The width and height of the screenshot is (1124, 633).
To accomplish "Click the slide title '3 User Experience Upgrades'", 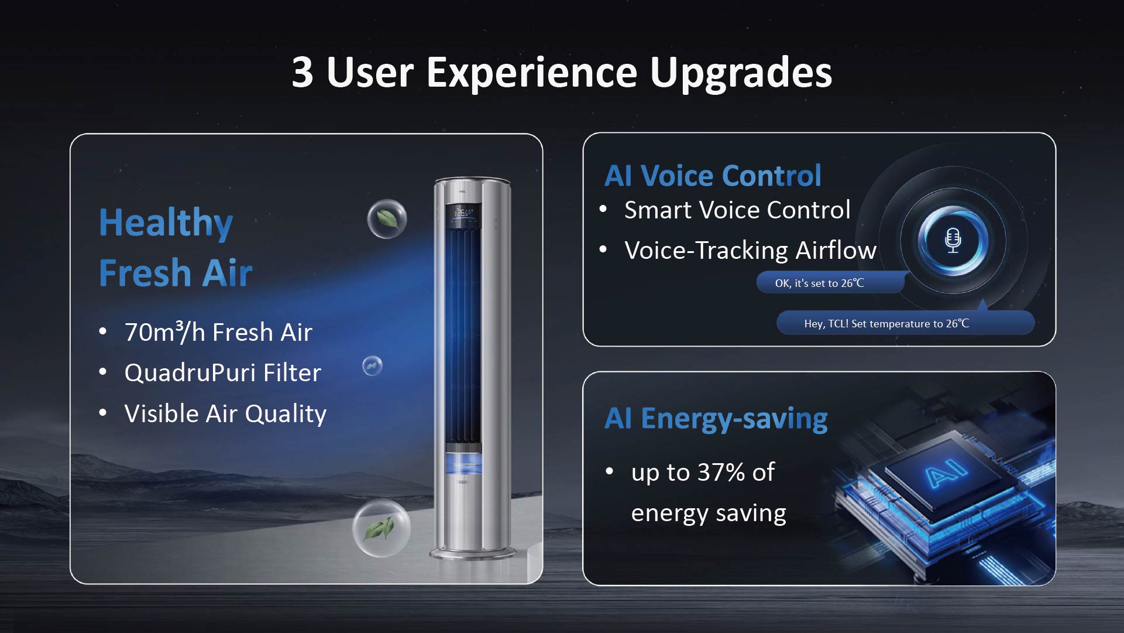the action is coord(562,73).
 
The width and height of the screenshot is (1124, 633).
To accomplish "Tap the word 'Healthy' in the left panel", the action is coord(166,223).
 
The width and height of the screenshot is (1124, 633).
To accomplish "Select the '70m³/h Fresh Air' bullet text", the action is coord(218,332).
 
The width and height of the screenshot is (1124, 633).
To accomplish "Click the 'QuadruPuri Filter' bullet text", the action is coord(223,372).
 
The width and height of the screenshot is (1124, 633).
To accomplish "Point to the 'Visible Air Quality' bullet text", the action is coord(225,413).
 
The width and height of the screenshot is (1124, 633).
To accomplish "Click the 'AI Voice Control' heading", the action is coord(713,175).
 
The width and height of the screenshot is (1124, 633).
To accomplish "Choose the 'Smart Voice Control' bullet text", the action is coord(737,210).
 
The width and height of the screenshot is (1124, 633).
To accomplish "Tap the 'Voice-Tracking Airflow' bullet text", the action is coord(750,250).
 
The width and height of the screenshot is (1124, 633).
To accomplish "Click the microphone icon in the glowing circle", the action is coord(953,240).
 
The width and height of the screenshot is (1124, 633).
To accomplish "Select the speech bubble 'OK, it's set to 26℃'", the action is coord(831,283).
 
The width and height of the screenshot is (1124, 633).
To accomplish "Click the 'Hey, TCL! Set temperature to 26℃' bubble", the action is coord(905,323).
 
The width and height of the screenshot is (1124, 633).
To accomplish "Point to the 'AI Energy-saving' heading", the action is coord(716,419).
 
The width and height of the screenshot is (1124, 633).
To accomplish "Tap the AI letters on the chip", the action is coord(946,473).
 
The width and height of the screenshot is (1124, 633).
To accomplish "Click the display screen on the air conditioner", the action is coord(464,214).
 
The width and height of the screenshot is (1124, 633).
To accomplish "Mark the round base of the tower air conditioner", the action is coord(473,553).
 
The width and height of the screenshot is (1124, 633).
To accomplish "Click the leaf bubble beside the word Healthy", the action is coord(387,219).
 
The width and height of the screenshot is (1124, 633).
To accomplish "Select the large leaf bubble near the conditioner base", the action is coord(381,528).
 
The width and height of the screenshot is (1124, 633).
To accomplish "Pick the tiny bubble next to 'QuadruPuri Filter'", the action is coord(372,366).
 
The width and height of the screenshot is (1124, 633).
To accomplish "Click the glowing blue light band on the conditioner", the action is coord(464,464).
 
